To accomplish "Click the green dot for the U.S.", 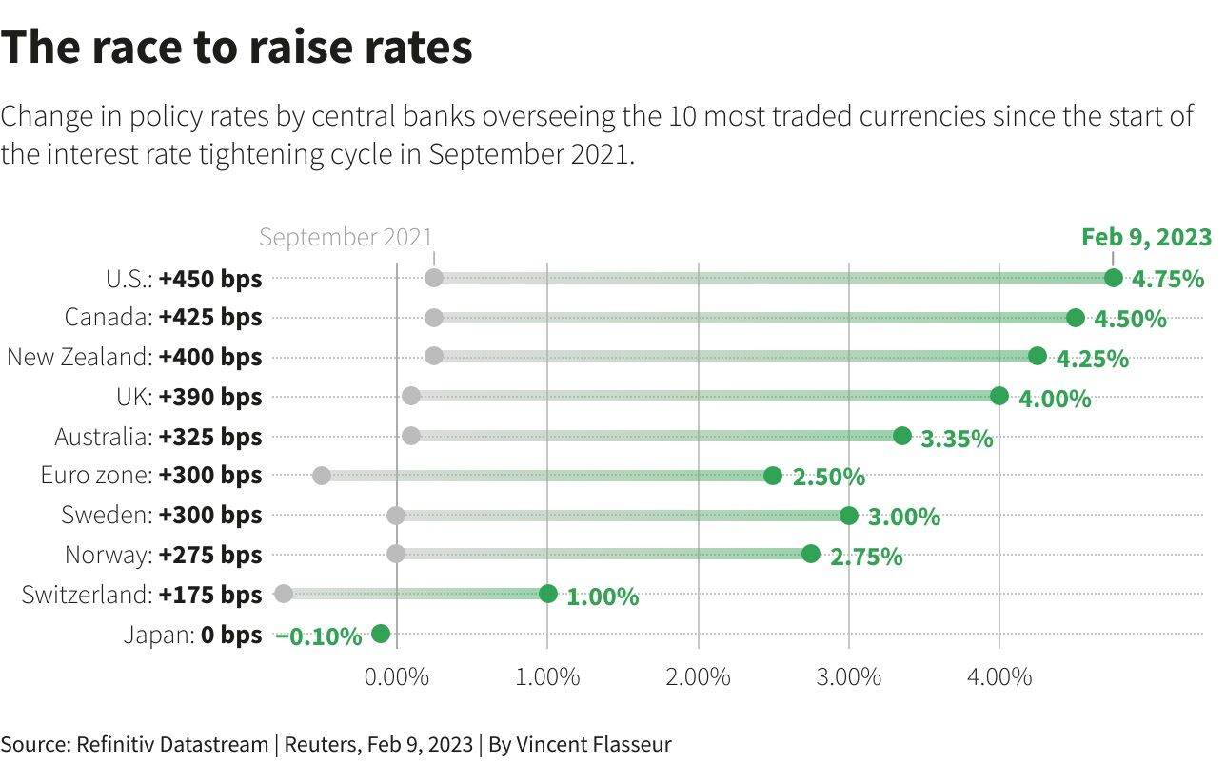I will (x=1113, y=278).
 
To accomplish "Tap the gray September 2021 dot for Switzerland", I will (x=283, y=594).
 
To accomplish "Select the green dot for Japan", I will (x=381, y=634).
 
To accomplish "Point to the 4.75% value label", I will (x=1168, y=280).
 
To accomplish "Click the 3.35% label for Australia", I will (x=957, y=439).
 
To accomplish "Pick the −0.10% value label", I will (x=320, y=636).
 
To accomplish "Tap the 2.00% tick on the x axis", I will (x=699, y=677).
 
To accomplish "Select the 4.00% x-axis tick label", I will (x=999, y=677).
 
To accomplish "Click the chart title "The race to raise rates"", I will (x=237, y=48).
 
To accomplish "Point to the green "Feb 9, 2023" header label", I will (x=1146, y=237).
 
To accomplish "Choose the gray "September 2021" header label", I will (x=346, y=237).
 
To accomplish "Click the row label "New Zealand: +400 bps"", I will (x=134, y=357).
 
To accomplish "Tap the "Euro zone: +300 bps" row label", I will (x=150, y=475).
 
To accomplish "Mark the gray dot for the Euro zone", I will (x=322, y=476).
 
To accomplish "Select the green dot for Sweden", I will (x=849, y=516).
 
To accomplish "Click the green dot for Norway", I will (x=811, y=554).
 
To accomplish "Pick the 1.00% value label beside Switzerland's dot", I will (x=603, y=597).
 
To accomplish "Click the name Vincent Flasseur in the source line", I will (x=594, y=744).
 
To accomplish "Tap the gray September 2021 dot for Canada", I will (x=434, y=318).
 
